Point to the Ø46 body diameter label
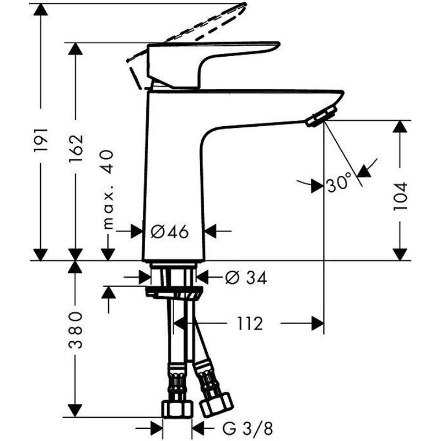[x=169, y=232]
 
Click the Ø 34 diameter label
[x=245, y=278]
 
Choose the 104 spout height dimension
[x=400, y=196]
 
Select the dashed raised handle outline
[x=187, y=28]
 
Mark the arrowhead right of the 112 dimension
[x=316, y=324]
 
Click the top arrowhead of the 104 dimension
[x=401, y=127]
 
